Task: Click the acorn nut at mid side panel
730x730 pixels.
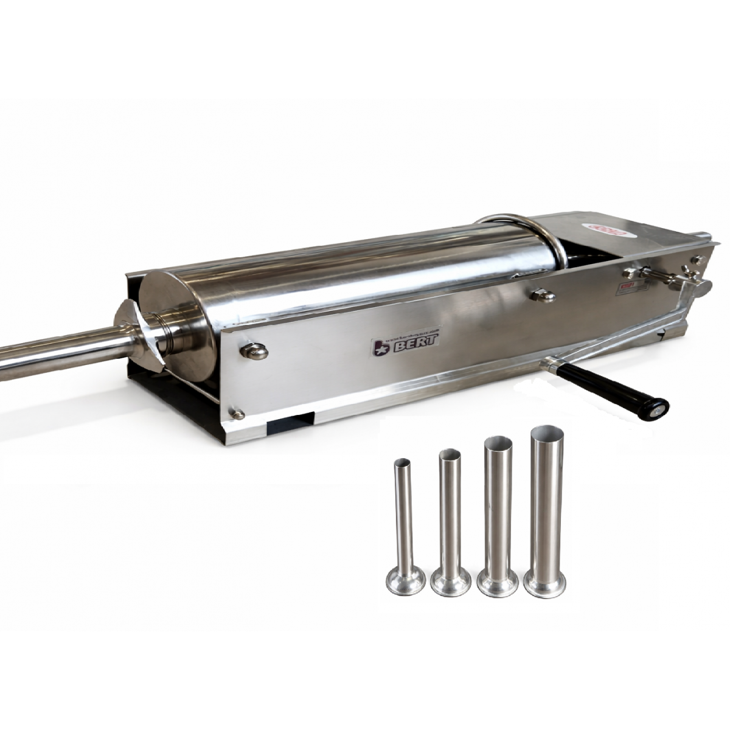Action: [x=541, y=295]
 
